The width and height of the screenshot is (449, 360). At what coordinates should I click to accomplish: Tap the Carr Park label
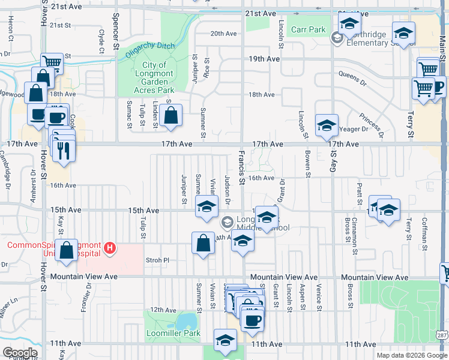click(308, 29)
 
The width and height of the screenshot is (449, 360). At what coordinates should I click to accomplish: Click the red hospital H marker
click(109, 247)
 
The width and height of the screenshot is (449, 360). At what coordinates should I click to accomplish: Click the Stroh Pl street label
click(158, 260)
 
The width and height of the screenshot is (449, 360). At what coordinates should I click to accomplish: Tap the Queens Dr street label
click(352, 77)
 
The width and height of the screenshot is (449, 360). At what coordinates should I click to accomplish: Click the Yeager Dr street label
click(354, 129)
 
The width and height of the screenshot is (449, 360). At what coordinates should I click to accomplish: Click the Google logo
click(20, 353)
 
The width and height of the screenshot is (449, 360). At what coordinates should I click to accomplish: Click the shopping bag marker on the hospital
click(67, 250)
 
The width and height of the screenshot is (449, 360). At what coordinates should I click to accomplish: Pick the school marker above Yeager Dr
click(327, 125)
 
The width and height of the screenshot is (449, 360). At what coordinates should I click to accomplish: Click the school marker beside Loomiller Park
click(226, 340)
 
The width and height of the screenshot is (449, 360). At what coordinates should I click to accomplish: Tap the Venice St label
click(319, 296)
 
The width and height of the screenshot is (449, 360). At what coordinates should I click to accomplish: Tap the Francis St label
click(241, 169)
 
